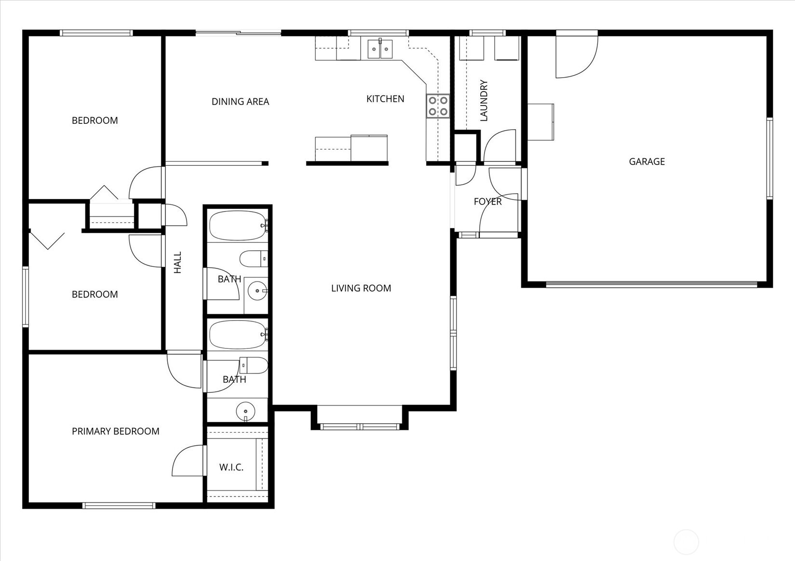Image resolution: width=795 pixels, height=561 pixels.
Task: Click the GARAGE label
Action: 647,161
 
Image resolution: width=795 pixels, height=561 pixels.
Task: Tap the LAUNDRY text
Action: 484,100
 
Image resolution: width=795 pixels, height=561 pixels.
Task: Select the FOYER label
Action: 487,201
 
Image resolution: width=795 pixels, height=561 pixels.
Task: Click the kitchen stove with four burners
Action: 438,106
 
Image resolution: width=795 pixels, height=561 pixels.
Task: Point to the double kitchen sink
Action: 380,49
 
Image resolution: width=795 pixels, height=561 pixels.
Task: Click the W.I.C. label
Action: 231,467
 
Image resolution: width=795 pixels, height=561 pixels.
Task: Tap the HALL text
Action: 177,262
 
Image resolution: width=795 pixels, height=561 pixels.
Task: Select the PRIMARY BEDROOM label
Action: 115,431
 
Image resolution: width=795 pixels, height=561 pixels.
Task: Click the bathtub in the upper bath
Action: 238,226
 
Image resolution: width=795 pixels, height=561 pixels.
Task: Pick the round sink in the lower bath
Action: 245,411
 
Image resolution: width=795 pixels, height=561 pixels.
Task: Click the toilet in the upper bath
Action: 254,259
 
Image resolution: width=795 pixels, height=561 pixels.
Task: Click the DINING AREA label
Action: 240,102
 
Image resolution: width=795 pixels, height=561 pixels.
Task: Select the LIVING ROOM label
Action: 361,288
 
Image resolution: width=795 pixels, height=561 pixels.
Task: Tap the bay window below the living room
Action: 360,426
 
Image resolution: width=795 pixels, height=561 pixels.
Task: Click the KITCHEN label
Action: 385,99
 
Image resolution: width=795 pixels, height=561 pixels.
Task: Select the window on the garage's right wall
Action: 769,158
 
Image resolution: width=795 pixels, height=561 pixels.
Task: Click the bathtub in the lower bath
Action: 238,334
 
